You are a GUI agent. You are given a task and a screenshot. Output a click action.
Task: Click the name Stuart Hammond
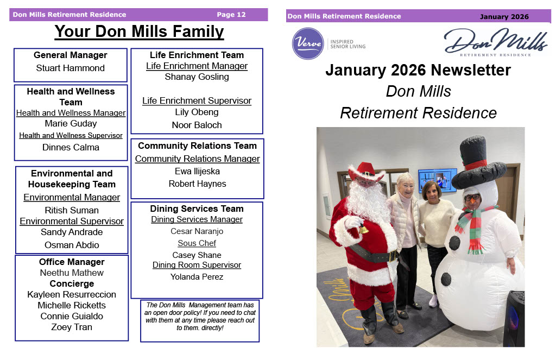pyautogui.click(x=70, y=68)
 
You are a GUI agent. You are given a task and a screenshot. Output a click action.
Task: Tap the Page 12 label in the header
pyautogui.click(x=231, y=15)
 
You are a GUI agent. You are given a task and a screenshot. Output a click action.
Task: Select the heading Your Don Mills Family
pyautogui.click(x=139, y=31)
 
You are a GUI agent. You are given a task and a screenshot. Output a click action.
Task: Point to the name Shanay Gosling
pyautogui.click(x=197, y=77)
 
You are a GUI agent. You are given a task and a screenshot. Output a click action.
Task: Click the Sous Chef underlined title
pyautogui.click(x=197, y=243)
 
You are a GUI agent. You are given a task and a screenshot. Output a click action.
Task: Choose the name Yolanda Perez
pyautogui.click(x=197, y=276)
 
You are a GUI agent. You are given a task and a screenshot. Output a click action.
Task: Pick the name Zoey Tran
pyautogui.click(x=72, y=327)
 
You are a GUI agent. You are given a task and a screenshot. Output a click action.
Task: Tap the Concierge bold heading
pyautogui.click(x=72, y=283)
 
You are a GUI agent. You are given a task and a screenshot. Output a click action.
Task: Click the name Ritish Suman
pyautogui.click(x=72, y=210)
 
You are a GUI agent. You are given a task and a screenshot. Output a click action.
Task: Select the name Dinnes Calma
pyautogui.click(x=71, y=147)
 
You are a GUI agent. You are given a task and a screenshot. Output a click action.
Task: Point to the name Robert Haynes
pyautogui.click(x=197, y=184)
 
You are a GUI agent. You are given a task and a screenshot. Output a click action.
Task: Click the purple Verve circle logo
pyautogui.click(x=308, y=43)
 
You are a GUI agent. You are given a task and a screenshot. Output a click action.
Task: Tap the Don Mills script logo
pyautogui.click(x=496, y=42)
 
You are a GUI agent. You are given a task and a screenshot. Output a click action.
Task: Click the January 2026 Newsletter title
pyautogui.click(x=418, y=70)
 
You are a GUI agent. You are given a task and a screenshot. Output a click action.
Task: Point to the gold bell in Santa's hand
pyautogui.click(x=363, y=229)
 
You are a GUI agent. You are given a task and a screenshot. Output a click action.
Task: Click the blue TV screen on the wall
pyautogui.click(x=437, y=180)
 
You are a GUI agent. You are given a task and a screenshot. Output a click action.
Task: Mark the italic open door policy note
pyautogui.click(x=200, y=316)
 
